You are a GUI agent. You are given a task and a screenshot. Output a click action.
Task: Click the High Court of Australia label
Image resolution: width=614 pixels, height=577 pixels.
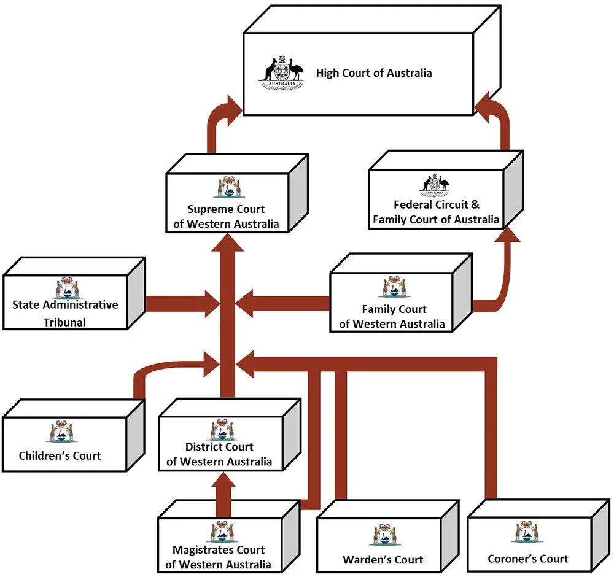point(374,73)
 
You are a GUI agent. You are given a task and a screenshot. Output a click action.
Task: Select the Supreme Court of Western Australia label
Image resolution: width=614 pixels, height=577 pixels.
point(226,217)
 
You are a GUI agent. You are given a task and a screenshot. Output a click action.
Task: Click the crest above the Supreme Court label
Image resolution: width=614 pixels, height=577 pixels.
point(227,187)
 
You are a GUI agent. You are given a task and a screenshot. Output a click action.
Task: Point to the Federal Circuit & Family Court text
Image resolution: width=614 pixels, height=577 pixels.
point(437,212)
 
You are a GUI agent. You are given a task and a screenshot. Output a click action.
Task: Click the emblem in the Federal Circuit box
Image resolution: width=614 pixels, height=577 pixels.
point(435,184)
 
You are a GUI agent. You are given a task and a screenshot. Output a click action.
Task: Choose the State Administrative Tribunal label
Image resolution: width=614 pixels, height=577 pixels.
point(65,313)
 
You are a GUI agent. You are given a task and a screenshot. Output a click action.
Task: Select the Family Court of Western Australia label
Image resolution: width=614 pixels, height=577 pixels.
point(393,317)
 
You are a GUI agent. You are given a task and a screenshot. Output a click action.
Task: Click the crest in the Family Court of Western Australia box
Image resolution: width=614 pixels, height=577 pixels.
point(393,287)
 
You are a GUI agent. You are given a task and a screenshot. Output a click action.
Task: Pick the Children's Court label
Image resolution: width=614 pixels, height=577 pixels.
point(60,455)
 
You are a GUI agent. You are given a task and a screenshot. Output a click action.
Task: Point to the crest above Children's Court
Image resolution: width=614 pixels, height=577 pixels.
point(60,431)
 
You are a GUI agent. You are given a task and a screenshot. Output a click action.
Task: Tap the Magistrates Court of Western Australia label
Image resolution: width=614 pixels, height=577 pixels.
point(219,557)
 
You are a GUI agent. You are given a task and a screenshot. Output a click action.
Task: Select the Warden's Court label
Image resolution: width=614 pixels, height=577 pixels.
point(383,559)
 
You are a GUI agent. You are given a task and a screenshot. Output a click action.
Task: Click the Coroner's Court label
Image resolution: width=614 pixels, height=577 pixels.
point(527,559)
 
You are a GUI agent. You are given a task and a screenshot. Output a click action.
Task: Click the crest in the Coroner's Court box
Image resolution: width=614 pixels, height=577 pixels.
point(527,532)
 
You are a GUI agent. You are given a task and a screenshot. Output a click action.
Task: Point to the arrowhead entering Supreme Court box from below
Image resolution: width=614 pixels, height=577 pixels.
point(228,242)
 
